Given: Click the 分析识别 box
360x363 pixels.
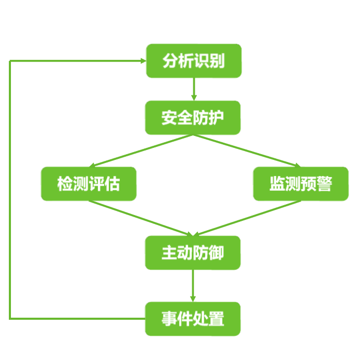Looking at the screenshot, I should pos(193,61).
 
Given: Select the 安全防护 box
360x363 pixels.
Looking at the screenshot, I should pos(193,118).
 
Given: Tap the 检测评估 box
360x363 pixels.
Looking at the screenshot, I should pos(89,184).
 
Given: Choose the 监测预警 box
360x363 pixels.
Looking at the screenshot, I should pos(301,184).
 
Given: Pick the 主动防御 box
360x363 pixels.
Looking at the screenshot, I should pos(193,253).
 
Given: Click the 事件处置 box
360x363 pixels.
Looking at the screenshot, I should pos(193,319).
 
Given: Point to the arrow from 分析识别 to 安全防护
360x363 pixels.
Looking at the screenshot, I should pos(194,89).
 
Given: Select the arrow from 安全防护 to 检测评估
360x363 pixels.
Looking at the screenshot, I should pos(141,151).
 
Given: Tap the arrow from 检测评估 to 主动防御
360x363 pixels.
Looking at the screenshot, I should pos(141,218).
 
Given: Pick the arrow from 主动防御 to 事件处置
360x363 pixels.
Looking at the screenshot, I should pos(193,285).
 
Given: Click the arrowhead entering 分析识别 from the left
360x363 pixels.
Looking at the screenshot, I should pos(143,61).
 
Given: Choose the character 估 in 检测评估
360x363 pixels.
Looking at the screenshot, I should pos(112,184).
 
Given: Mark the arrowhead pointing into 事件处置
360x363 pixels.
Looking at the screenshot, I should pos(193,298).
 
